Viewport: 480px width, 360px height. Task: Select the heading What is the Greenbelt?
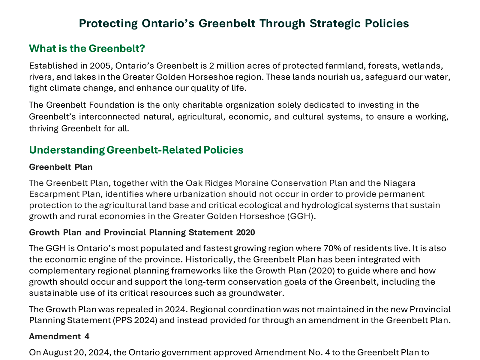click(x=87, y=48)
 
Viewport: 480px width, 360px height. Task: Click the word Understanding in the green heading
click(x=66, y=150)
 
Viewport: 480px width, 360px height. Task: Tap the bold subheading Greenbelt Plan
click(x=61, y=167)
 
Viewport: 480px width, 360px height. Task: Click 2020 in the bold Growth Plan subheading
click(x=245, y=232)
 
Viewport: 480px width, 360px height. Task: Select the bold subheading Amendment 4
click(x=59, y=336)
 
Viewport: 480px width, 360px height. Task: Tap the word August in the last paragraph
click(x=57, y=352)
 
